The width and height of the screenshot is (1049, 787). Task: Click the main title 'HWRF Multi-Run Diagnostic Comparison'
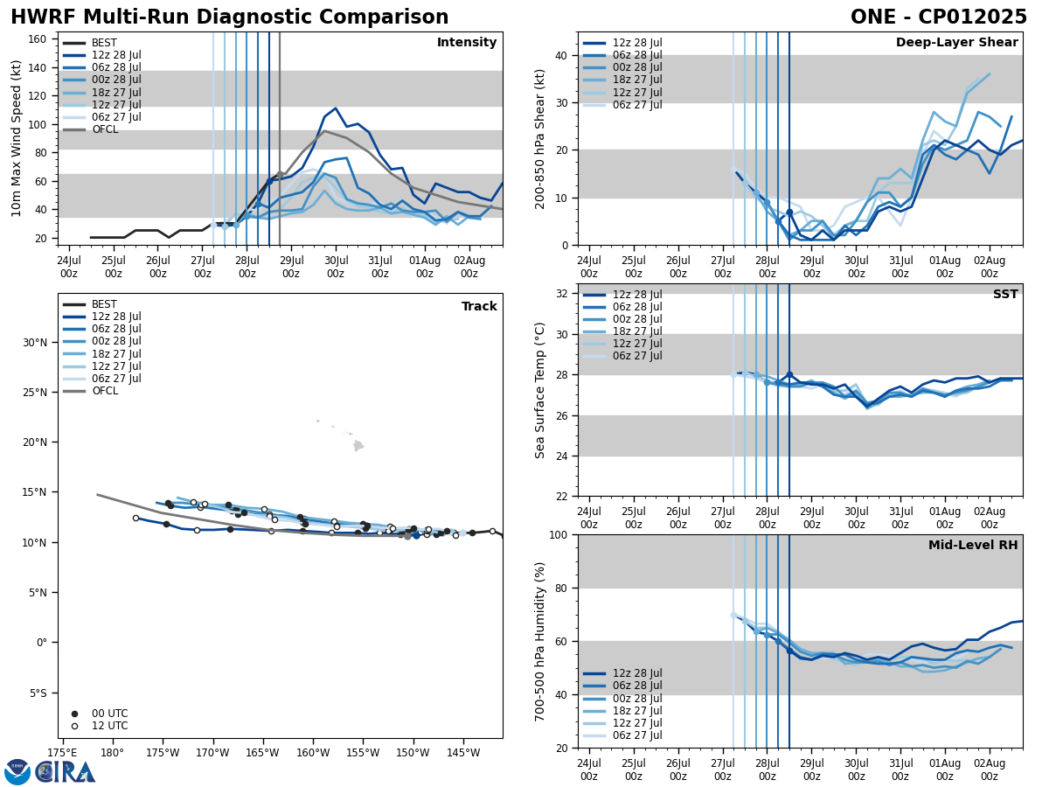[229, 17]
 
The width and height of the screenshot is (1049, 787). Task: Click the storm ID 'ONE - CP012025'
[938, 17]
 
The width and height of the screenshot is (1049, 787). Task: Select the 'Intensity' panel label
[467, 43]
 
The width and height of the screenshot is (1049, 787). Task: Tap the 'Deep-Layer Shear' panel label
[956, 43]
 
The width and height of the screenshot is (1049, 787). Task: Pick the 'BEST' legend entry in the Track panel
[104, 304]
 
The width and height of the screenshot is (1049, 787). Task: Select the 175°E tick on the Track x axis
[62, 752]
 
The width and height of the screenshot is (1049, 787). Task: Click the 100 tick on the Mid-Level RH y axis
[558, 534]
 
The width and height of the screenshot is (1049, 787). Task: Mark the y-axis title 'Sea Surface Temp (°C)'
[540, 390]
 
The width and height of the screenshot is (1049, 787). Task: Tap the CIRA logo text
[66, 772]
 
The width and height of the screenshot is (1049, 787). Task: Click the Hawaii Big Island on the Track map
[358, 446]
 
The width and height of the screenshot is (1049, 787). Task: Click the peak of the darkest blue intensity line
[336, 108]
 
